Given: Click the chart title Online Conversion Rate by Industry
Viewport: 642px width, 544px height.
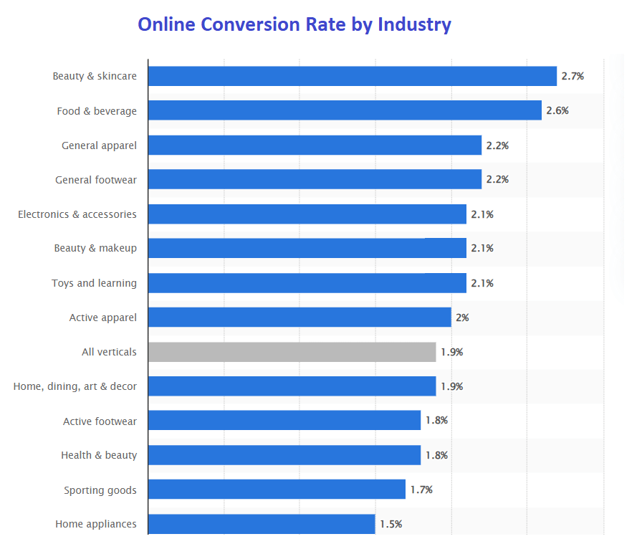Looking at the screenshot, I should pyautogui.click(x=294, y=24).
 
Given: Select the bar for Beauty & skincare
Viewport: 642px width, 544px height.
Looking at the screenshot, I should pyautogui.click(x=352, y=76).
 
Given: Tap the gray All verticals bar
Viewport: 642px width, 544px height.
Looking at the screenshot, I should pyautogui.click(x=292, y=352).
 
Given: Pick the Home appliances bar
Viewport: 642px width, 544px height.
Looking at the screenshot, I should pyautogui.click(x=262, y=524).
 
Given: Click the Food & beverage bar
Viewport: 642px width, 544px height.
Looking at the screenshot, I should pyautogui.click(x=345, y=110).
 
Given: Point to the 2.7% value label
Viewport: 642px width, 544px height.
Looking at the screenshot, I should pyautogui.click(x=572, y=76).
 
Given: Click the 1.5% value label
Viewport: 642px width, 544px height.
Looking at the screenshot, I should pyautogui.click(x=391, y=524).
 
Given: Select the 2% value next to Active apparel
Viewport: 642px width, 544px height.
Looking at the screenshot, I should pyautogui.click(x=462, y=318).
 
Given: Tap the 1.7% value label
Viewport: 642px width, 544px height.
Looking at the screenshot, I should pyautogui.click(x=421, y=490).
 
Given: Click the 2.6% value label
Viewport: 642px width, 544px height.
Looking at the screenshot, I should pyautogui.click(x=557, y=110).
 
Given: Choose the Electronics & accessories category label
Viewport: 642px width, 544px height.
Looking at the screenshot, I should pyautogui.click(x=77, y=214).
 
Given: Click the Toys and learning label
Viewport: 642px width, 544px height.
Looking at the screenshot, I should pyautogui.click(x=94, y=283).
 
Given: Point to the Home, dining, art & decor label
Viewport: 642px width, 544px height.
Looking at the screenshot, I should pyautogui.click(x=75, y=386).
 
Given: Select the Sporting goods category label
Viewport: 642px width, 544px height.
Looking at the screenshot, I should pyautogui.click(x=100, y=490).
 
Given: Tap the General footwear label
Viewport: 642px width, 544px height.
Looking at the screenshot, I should pyautogui.click(x=96, y=180).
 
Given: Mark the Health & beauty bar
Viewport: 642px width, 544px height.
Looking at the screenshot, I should pyautogui.click(x=284, y=455).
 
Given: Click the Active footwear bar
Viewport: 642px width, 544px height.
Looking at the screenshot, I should pyautogui.click(x=284, y=421).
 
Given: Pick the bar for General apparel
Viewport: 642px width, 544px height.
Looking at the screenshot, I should pyautogui.click(x=315, y=145).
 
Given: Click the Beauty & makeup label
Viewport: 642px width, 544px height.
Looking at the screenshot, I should pyautogui.click(x=95, y=249).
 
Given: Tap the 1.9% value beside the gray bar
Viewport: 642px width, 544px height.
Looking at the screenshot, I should pyautogui.click(x=452, y=352).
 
